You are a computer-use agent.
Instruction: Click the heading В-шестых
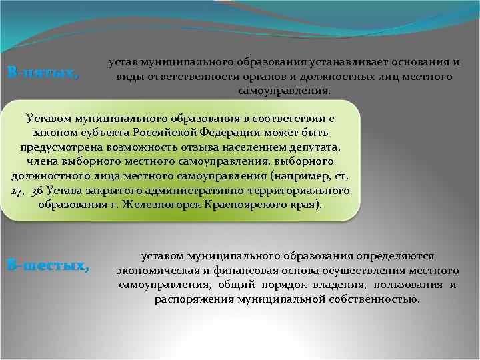47,265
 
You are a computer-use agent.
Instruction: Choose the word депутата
313,146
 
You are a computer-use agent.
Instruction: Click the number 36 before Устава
39,190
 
